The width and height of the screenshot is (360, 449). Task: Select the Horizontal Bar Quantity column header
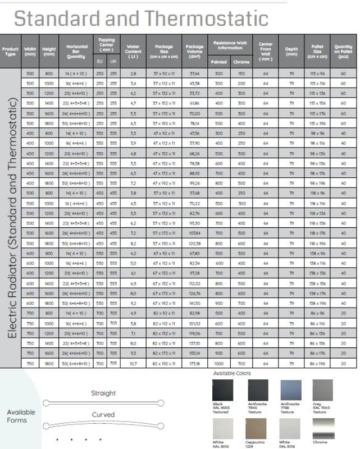point(76,52)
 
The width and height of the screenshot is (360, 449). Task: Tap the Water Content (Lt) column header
point(133,52)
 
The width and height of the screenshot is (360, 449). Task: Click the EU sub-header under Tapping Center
point(99,61)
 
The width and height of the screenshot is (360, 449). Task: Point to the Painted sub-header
point(218,62)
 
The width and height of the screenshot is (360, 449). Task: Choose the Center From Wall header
point(266,52)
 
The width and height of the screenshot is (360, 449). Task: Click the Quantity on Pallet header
point(343,52)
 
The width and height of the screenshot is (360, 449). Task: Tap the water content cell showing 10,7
point(133,363)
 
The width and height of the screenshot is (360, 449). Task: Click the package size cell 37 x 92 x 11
point(164,74)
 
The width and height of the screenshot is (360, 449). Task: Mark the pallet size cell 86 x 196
point(317,363)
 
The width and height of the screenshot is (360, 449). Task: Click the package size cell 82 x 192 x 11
point(164,363)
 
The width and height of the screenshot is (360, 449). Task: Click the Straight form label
point(103,393)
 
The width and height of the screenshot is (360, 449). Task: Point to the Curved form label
point(103,415)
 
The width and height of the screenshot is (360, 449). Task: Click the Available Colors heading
point(232,373)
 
